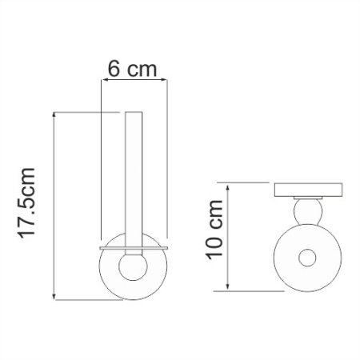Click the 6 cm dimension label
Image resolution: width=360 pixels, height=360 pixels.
(x=131, y=69)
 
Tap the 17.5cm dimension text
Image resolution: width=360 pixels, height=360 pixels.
(x=27, y=204)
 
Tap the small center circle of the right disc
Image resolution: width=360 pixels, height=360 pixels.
(x=307, y=259)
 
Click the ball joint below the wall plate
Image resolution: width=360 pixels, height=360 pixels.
(x=307, y=213)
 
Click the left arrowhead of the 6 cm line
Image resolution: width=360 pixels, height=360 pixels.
(x=103, y=79)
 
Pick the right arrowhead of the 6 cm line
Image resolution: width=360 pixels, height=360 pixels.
(x=164, y=79)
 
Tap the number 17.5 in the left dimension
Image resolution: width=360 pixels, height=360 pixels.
(x=27, y=215)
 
